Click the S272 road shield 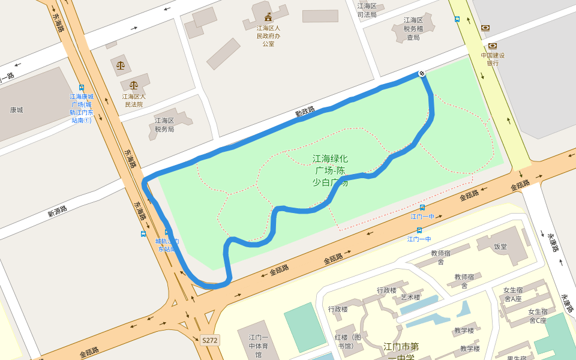click(210, 340)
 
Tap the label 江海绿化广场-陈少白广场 click(330, 170)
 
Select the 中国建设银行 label click(493, 59)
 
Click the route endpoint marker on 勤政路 click(422, 73)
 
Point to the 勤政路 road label click(305, 112)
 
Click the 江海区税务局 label click(164, 124)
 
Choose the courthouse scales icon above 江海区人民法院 click(133, 86)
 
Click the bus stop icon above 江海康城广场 click(82, 88)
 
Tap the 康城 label click(16, 110)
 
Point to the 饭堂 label click(500, 246)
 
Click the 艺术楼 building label click(410, 297)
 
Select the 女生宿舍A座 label click(513, 294)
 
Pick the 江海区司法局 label click(367, 10)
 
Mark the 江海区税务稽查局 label click(413, 28)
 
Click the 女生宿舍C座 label click(538, 316)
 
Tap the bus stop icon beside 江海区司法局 click(457, 19)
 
